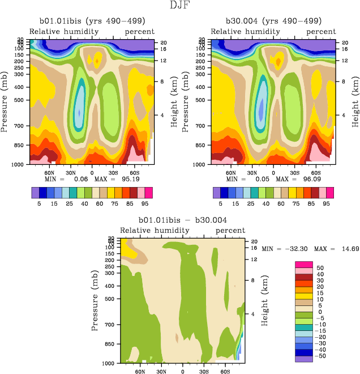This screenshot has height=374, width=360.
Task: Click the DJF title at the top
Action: click(180, 6)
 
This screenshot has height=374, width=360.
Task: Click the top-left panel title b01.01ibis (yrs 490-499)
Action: click(89, 23)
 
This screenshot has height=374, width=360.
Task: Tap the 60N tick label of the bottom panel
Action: click(140, 372)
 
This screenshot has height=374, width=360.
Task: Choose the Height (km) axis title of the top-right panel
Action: click(355, 103)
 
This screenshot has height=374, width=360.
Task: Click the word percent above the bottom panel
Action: click(230, 231)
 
